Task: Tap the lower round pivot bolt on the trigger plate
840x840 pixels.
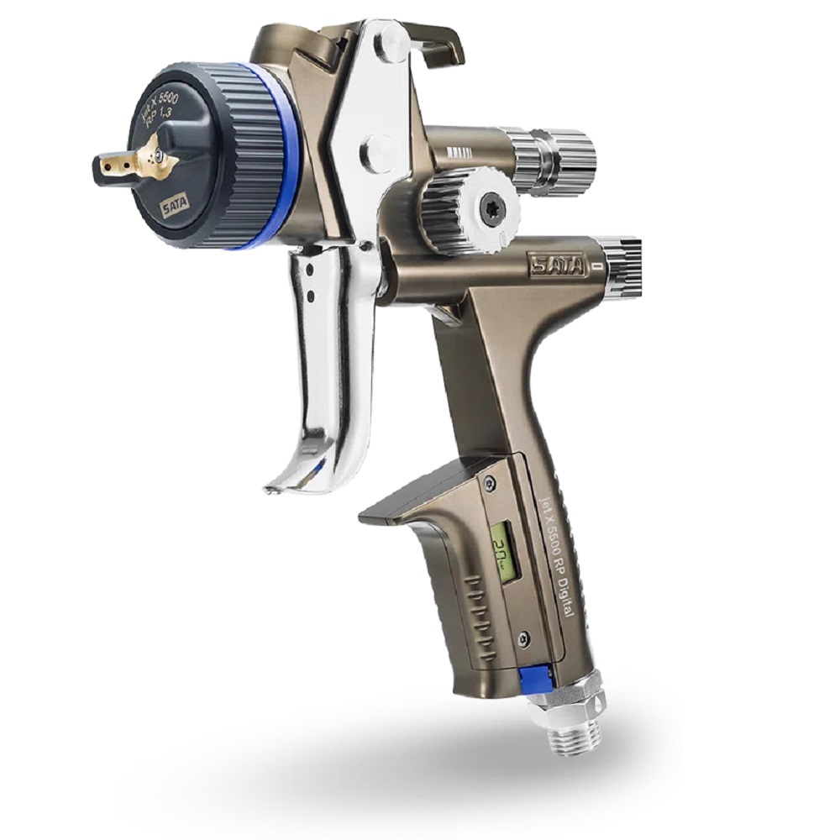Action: tap(375, 153)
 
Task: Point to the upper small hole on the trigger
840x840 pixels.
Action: tap(312, 270)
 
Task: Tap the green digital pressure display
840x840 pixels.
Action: tap(505, 551)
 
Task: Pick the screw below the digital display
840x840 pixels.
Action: tap(523, 639)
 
